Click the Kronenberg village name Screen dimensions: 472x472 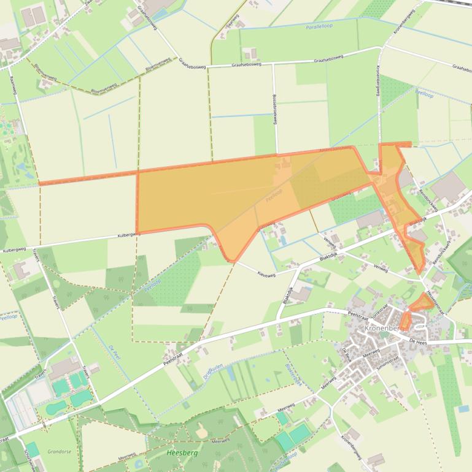(x=382, y=329)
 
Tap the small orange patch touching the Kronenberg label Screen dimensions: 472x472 (x=405, y=321)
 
